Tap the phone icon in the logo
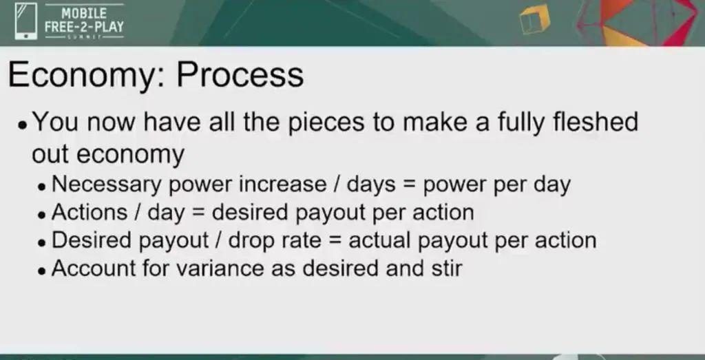(x=26, y=21)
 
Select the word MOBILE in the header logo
(x=84, y=13)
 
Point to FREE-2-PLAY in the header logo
(x=84, y=27)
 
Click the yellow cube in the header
(x=534, y=19)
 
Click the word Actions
(x=90, y=212)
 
